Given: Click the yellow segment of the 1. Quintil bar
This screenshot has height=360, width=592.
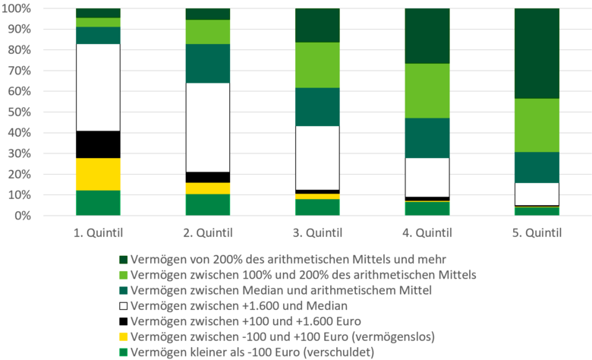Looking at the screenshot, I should pos(98,174).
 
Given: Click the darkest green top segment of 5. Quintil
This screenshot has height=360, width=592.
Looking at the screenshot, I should pos(537,53).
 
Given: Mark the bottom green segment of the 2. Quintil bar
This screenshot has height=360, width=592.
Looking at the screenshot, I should pos(208,205).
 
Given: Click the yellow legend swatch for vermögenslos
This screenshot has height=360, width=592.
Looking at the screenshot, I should pos(123,337).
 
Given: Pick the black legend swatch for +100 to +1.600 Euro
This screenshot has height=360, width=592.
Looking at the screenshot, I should pos(123,322).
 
